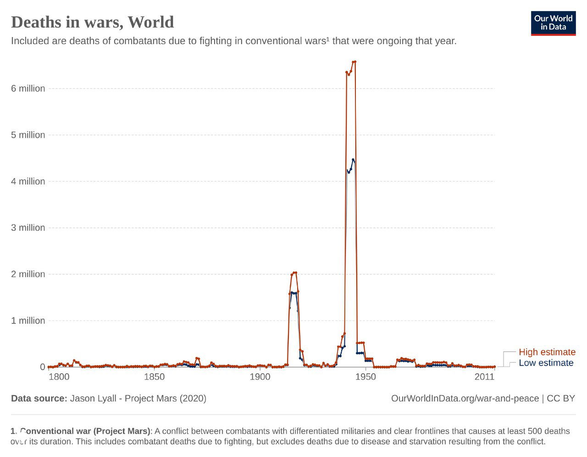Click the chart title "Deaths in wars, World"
click(x=92, y=22)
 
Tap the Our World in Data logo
click(x=553, y=23)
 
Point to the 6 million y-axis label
click(x=28, y=89)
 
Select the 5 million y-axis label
click(x=28, y=135)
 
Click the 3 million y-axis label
click(x=28, y=228)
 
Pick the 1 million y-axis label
click(x=28, y=320)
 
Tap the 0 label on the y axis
click(x=43, y=367)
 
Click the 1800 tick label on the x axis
click(x=59, y=377)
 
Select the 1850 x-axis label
click(x=155, y=377)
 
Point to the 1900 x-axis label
click(x=260, y=377)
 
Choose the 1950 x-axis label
click(x=365, y=377)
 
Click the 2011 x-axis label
click(x=485, y=377)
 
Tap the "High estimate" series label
click(x=547, y=352)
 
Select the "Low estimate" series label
click(x=546, y=363)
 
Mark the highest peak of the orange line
click(x=355, y=61)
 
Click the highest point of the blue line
click(x=353, y=160)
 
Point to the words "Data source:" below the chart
click(x=39, y=398)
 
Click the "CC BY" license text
click(x=560, y=398)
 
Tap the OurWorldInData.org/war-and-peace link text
click(x=465, y=398)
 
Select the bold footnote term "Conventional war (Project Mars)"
click(x=85, y=431)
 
